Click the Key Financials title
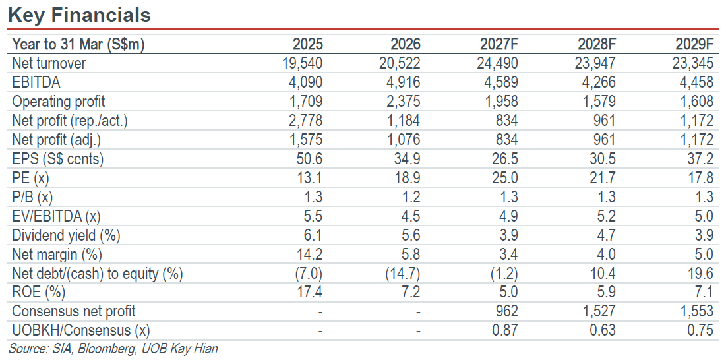(x=79, y=15)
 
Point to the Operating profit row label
(x=58, y=102)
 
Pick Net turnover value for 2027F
(x=497, y=63)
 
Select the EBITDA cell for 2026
(x=402, y=82)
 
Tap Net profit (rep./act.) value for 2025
(x=305, y=121)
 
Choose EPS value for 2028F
(x=601, y=159)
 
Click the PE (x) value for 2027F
(x=504, y=178)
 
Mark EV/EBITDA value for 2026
(x=409, y=216)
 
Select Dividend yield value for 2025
(x=313, y=235)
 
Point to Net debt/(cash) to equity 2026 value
(x=403, y=274)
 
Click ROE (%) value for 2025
(x=309, y=293)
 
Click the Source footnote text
(x=113, y=349)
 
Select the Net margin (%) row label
(x=57, y=255)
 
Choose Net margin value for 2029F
(x=704, y=255)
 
